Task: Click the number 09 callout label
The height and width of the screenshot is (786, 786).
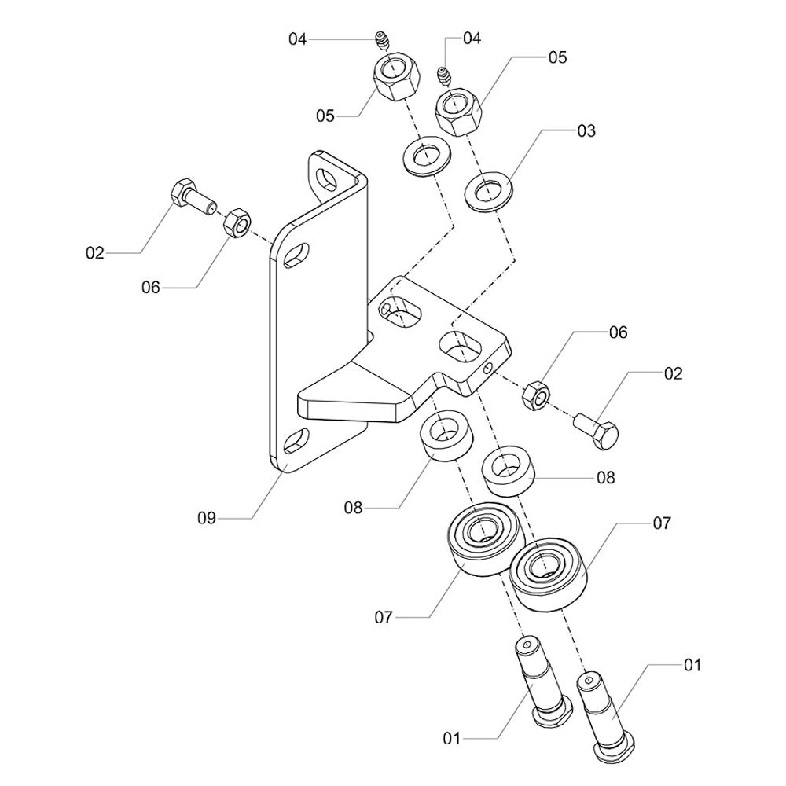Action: coord(207,518)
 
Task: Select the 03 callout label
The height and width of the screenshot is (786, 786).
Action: coord(586,131)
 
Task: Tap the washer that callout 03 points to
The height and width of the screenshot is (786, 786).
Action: coord(486,192)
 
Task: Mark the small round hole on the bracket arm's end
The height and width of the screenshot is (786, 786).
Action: coord(490,368)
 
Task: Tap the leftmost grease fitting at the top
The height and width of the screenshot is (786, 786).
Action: coord(382,39)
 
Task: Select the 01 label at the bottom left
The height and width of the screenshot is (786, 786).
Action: coord(452,738)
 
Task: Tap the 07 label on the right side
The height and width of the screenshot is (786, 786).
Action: coord(662,523)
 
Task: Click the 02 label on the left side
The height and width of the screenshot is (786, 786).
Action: coord(95,253)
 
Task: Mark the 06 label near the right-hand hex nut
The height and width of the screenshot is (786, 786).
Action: coord(618,333)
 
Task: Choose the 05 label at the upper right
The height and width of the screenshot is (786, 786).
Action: coord(557,57)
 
